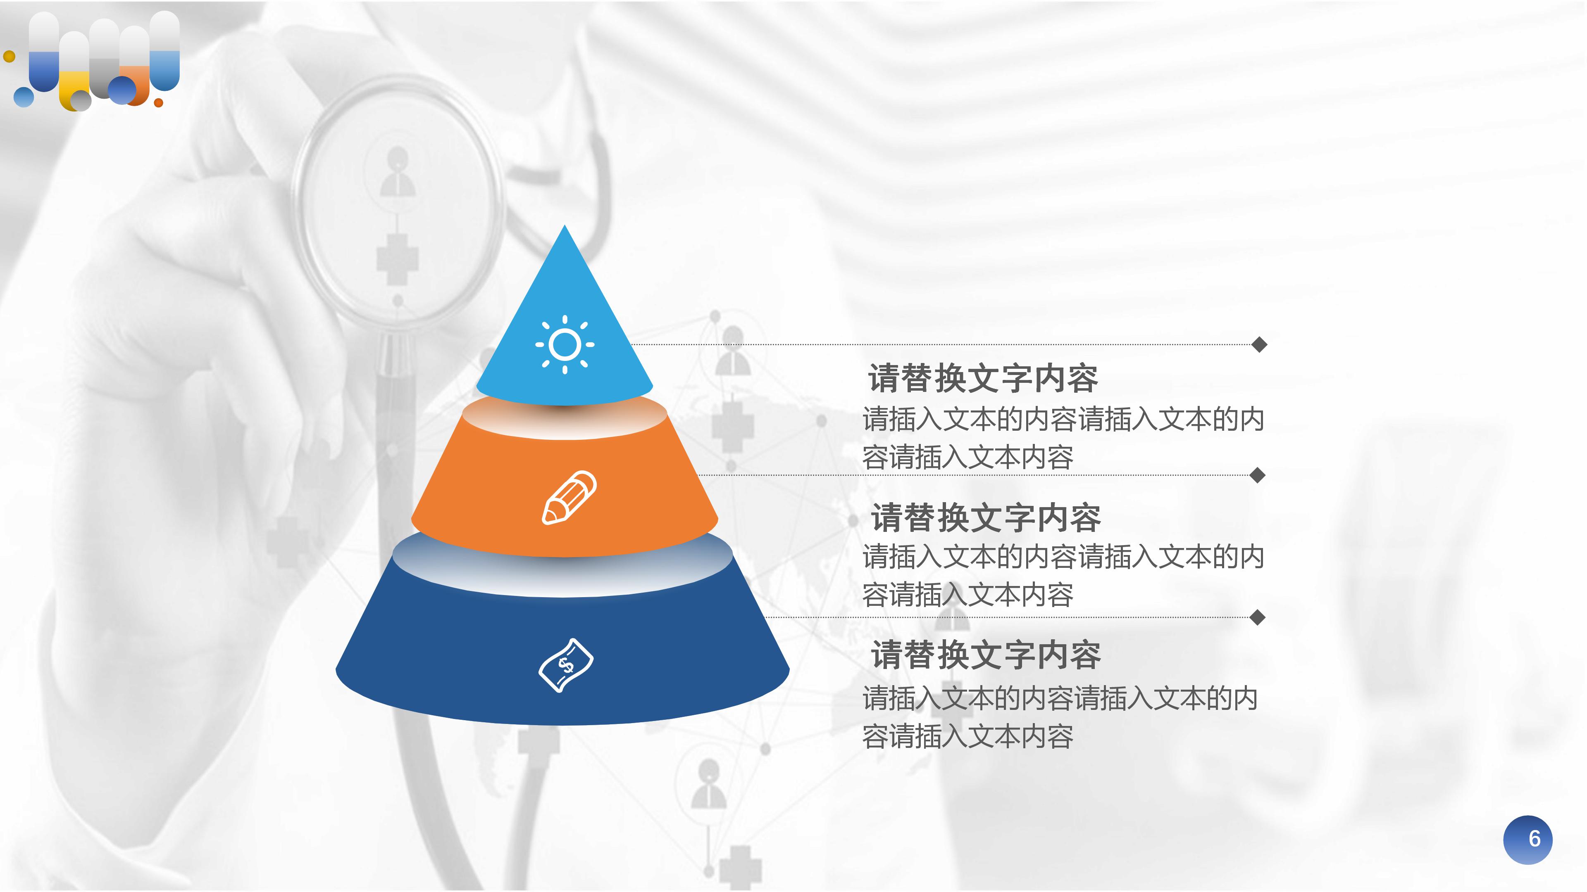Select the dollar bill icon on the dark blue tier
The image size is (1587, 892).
[565, 665]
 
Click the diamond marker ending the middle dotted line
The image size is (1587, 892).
[1258, 475]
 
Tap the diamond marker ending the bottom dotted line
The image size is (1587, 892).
[1258, 617]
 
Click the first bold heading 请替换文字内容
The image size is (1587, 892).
[983, 378]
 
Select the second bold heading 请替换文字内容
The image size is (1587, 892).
[985, 517]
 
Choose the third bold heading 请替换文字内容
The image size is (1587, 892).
[985, 655]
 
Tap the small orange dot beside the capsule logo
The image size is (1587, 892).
[158, 103]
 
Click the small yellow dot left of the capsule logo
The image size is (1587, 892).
[9, 57]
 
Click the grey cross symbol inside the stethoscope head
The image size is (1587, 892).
[397, 259]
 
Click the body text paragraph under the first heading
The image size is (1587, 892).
[1063, 438]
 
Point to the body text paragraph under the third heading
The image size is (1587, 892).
[1060, 717]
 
